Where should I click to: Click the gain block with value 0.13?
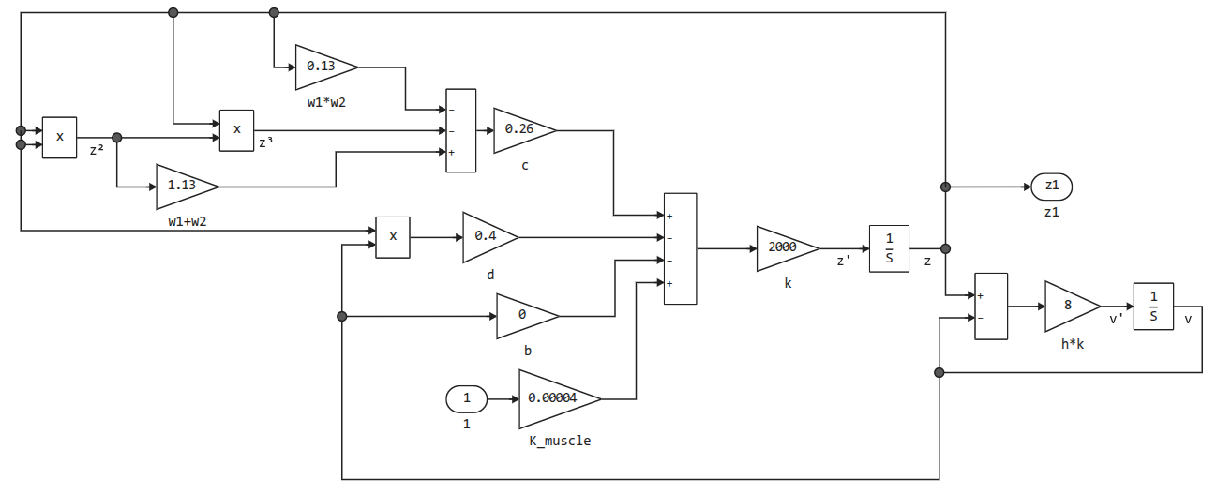coord(323,67)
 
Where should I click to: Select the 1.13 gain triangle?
coord(184,186)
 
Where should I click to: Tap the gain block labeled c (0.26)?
coord(520,129)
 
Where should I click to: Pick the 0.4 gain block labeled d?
coord(488,236)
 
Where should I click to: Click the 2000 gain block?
coord(784,248)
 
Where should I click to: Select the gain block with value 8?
coord(1069,306)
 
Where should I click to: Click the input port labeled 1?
coord(466,399)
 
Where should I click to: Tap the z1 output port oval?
coord(1051,187)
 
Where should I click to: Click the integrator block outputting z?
coord(889,248)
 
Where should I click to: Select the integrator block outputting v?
coord(1153,307)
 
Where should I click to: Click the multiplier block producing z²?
coord(59,138)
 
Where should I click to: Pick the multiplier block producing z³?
coord(236,130)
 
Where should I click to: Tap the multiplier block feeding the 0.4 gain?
coord(393,237)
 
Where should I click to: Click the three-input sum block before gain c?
coord(460,130)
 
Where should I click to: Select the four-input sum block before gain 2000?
coord(680,248)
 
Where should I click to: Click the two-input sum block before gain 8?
coord(991,307)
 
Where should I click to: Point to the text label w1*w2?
coord(326,101)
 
